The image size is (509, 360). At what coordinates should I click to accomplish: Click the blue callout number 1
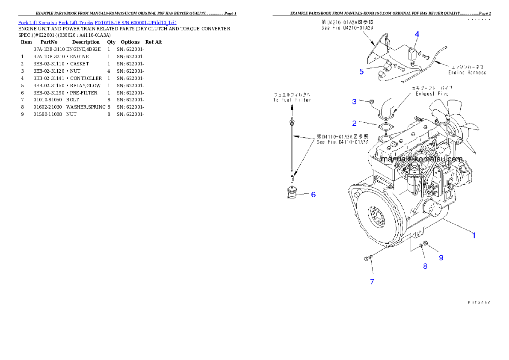click(473, 235)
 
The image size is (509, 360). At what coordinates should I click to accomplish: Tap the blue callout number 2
click(354, 124)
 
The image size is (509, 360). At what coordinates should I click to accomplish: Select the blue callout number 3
click(354, 101)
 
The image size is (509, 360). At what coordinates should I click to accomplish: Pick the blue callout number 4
click(417, 34)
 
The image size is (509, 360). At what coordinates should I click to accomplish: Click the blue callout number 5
click(361, 71)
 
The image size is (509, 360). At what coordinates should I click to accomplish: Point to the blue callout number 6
click(313, 195)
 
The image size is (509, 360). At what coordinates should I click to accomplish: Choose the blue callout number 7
click(372, 282)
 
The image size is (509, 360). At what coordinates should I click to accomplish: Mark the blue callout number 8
click(425, 266)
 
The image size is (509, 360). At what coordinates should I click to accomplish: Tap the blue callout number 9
click(441, 257)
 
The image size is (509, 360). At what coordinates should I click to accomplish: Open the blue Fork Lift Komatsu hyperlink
click(97, 22)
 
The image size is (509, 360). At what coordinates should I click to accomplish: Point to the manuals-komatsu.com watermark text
click(421, 159)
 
